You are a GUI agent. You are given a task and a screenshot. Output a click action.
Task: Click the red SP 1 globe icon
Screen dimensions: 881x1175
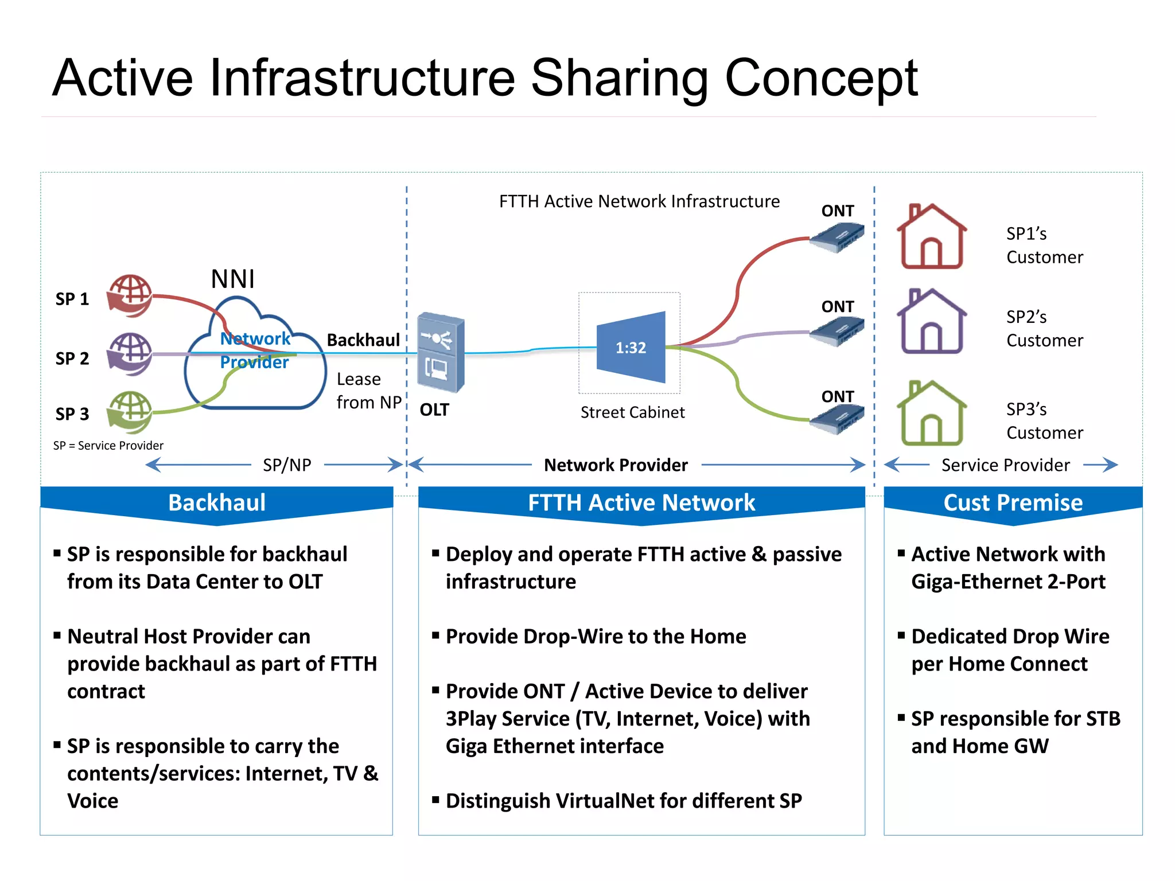pos(130,295)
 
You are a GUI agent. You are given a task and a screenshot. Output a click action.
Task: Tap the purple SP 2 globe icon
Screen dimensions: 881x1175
pos(130,354)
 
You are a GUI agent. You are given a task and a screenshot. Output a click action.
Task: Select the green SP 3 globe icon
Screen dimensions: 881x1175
pos(130,412)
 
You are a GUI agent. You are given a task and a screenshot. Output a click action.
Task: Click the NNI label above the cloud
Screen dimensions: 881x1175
pos(232,279)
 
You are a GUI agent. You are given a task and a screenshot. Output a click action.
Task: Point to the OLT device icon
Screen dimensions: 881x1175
pos(441,352)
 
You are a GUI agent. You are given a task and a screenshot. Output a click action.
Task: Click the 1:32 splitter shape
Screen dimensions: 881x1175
pos(631,347)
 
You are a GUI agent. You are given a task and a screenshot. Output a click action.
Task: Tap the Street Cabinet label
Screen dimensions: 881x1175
pos(632,412)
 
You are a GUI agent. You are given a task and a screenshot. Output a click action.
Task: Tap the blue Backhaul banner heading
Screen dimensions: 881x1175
pos(217,502)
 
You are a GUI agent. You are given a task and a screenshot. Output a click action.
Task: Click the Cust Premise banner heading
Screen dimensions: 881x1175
pos(1013,502)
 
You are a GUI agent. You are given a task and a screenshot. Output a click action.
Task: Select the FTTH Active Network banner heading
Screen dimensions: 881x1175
pos(641,502)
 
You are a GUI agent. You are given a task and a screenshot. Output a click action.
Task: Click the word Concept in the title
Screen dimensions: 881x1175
pos(821,79)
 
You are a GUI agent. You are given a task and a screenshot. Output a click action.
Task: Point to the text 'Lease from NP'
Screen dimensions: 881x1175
pos(368,391)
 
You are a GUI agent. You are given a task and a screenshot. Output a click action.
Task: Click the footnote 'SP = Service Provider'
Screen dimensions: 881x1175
pos(108,446)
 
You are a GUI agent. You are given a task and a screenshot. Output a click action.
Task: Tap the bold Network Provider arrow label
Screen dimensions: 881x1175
pos(616,465)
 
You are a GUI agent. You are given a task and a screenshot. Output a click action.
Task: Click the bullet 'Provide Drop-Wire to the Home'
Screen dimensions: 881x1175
pos(596,636)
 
